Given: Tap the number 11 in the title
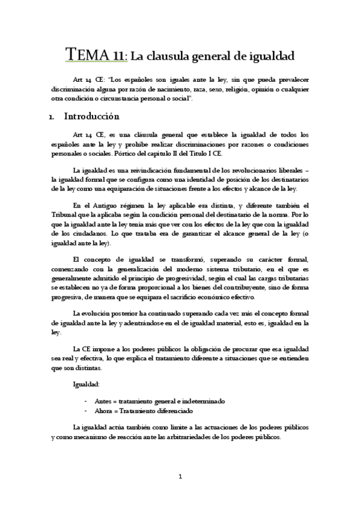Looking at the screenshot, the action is click(x=118, y=57).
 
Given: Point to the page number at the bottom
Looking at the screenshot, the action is click(x=180, y=477).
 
